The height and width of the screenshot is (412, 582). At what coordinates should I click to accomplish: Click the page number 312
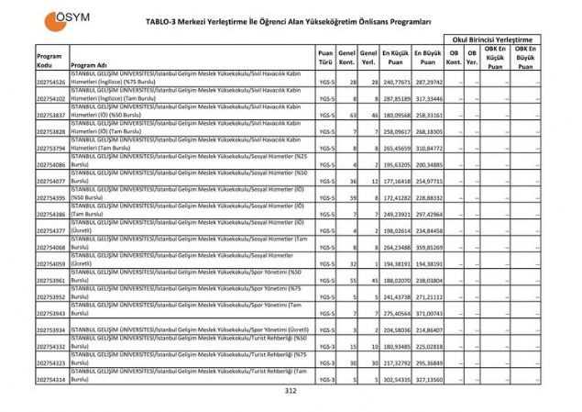(291, 391)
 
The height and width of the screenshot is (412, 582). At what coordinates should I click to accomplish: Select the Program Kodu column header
(50, 61)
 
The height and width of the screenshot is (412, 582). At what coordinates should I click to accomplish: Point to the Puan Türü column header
(326, 56)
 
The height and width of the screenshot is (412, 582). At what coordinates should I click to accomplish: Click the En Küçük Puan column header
(396, 56)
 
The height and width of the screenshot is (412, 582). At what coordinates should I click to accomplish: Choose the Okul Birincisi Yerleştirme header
(491, 39)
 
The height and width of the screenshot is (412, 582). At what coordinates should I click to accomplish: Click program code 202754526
(50, 83)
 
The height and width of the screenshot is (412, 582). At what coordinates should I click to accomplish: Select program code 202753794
(50, 148)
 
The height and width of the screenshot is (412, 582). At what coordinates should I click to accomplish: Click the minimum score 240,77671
(395, 83)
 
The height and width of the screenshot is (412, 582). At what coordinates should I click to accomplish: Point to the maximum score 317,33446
(428, 98)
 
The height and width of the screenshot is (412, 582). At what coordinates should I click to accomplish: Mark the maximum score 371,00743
(428, 313)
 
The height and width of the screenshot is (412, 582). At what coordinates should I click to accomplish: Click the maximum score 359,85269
(428, 247)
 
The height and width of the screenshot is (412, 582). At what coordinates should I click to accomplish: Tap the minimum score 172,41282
(395, 197)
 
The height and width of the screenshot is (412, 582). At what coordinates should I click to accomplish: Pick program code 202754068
(50, 247)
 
